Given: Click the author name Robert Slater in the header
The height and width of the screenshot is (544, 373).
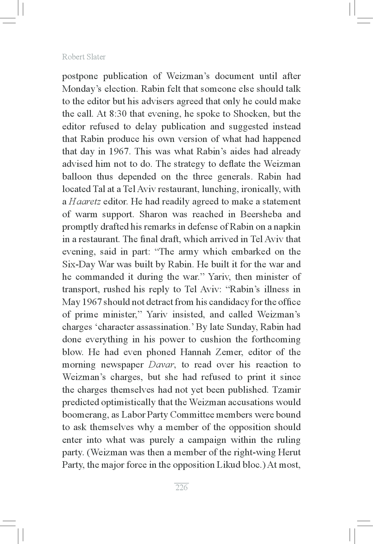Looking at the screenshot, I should click(x=84, y=57).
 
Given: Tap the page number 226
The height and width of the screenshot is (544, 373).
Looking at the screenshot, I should click(x=182, y=487).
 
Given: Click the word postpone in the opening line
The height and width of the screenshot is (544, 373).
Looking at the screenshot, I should click(x=80, y=77).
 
